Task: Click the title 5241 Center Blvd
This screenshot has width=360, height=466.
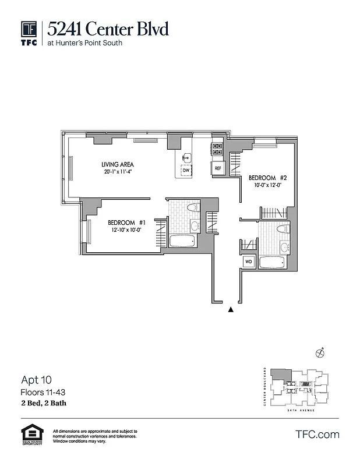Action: click(x=108, y=28)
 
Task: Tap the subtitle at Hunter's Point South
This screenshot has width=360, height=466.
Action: click(x=85, y=43)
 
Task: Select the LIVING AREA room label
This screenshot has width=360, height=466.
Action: click(x=118, y=165)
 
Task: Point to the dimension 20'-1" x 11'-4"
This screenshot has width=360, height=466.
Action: click(x=118, y=172)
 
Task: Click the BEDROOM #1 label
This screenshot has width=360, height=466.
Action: click(x=130, y=223)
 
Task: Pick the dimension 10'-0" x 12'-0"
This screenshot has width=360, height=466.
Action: click(x=268, y=185)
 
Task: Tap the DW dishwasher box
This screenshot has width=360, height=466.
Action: click(x=186, y=171)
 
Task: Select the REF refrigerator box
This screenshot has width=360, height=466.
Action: click(x=218, y=168)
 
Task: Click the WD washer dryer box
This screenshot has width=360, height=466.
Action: click(x=248, y=262)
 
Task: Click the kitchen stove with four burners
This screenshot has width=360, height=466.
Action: click(x=217, y=150)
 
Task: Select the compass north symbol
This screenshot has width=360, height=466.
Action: click(x=319, y=352)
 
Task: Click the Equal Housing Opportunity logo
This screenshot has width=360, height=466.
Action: click(x=30, y=435)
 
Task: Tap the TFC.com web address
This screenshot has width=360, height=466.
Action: click(x=317, y=435)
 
